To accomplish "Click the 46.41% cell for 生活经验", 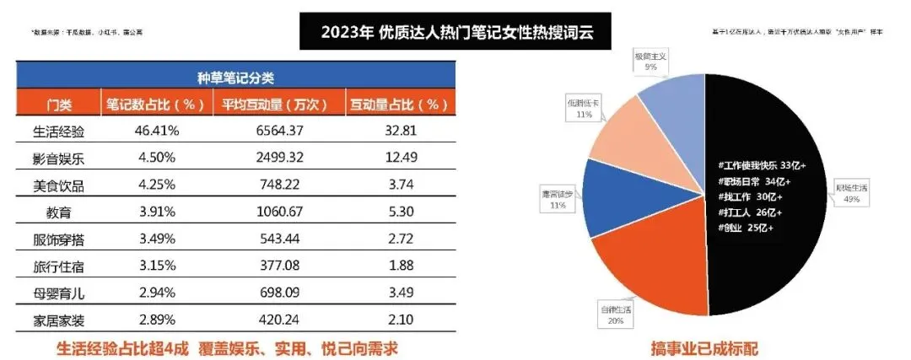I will [155, 132].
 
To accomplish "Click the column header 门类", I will [58, 105].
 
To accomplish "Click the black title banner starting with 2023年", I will [455, 33].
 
